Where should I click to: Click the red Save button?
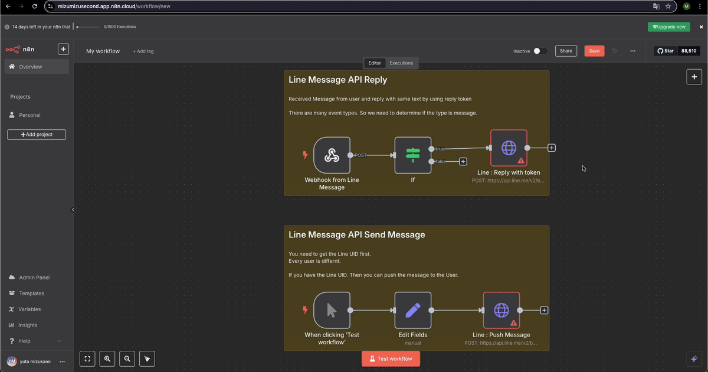point(594,51)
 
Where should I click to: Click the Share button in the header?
point(566,51)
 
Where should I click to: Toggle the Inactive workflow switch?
point(540,51)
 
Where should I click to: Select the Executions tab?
point(401,63)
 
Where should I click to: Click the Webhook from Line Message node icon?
point(332,155)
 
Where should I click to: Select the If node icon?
point(412,155)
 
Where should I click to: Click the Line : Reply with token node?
point(509,148)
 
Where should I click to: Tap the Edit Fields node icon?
point(412,310)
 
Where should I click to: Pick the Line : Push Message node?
point(501,310)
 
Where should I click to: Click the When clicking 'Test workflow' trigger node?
point(332,310)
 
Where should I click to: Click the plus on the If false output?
point(463,161)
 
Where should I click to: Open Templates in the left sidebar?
point(31,293)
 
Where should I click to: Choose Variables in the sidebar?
point(30,309)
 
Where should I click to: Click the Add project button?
point(37,135)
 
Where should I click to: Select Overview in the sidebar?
point(30,67)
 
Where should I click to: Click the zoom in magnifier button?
point(107,358)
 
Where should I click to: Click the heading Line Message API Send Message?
point(356,234)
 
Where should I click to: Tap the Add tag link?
point(143,51)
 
